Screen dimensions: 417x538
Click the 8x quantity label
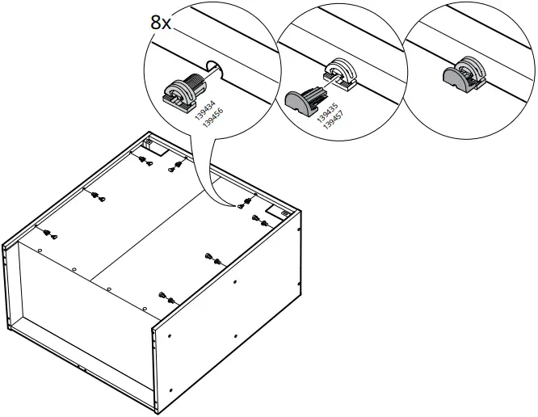click(161, 22)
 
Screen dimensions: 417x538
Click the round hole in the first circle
click(215, 71)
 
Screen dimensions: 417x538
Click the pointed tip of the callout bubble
click(239, 205)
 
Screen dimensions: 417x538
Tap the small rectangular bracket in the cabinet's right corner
click(284, 209)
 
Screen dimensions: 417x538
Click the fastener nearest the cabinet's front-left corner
click(50, 235)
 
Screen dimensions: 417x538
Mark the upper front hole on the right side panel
click(234, 282)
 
